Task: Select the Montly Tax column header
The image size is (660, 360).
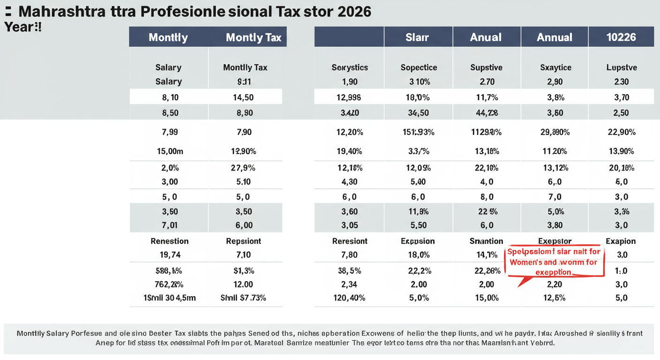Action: [x=253, y=37]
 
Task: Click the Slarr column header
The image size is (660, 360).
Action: [x=417, y=37]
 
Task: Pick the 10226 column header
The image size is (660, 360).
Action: [x=621, y=37]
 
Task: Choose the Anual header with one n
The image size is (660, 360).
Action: [x=486, y=37]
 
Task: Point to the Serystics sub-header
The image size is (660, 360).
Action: [x=350, y=67]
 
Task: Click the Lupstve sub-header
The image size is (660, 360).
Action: [x=621, y=67]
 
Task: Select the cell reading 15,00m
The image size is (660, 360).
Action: [x=168, y=151]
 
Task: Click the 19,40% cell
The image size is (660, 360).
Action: [x=350, y=151]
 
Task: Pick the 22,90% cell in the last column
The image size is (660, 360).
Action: [x=621, y=132]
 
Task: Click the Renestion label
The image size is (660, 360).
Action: [x=169, y=241]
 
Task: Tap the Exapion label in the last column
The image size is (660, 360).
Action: [x=621, y=241]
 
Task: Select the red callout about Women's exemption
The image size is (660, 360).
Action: [x=555, y=262]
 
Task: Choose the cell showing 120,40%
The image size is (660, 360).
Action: [x=350, y=298]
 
